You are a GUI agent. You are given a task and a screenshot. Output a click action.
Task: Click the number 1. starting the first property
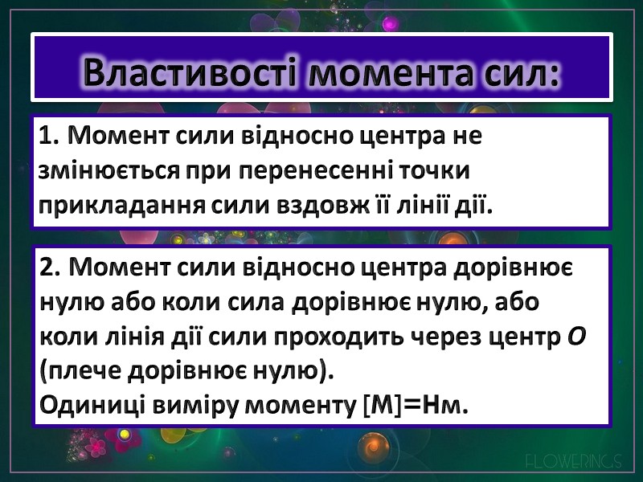pyautogui.click(x=50, y=137)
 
